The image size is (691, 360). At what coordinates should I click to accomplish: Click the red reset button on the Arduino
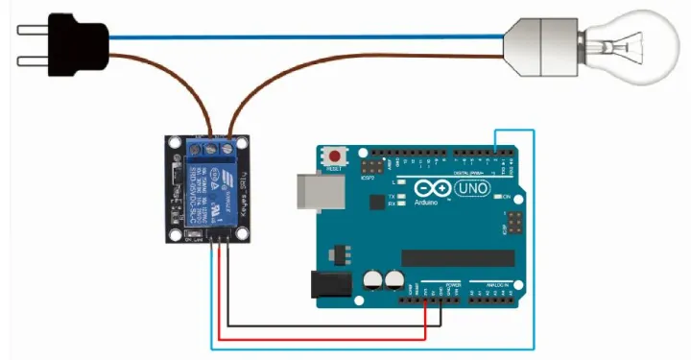(335, 156)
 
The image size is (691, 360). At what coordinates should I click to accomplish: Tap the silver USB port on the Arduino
(310, 190)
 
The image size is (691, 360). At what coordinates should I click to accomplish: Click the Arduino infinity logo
(427, 190)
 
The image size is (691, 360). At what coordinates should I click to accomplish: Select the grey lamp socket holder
(542, 43)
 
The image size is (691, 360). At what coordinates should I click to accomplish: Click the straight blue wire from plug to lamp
(307, 36)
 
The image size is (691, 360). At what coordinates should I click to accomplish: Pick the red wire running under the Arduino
(317, 337)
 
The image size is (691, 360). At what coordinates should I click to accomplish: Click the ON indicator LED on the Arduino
(496, 197)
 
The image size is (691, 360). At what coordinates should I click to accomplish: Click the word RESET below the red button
(335, 168)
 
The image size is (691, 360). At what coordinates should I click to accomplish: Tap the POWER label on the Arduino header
(452, 285)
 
